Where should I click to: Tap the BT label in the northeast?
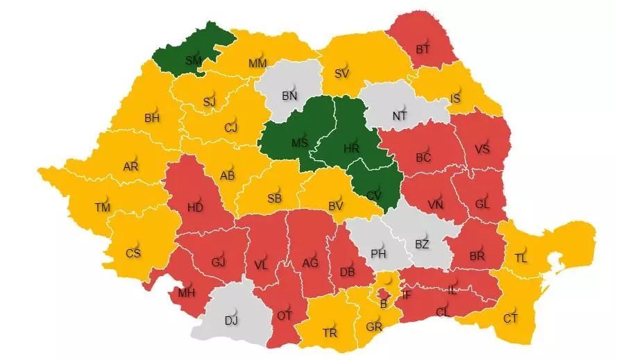point(423,49)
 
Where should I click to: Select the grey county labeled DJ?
point(232,320)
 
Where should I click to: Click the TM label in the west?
point(103,207)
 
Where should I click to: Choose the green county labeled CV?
point(373,195)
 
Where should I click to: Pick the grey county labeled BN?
point(289,96)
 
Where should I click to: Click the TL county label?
point(521,257)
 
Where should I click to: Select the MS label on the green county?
point(299,143)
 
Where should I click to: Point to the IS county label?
point(455,98)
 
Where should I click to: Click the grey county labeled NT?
point(400,116)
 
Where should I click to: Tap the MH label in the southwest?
point(186,292)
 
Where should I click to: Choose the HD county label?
point(195,206)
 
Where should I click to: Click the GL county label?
point(482,204)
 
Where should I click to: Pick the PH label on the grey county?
point(378,253)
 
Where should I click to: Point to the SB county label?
point(273,198)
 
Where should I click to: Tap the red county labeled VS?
point(482,149)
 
